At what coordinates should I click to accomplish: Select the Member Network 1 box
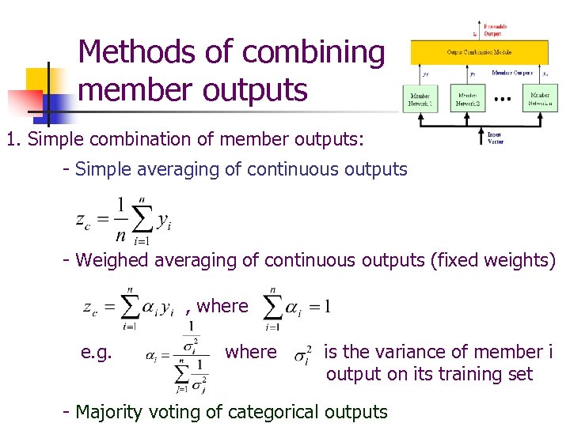click(x=420, y=98)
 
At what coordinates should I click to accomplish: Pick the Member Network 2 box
click(x=468, y=98)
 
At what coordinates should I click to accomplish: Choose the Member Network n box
click(x=540, y=98)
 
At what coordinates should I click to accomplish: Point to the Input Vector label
click(x=495, y=138)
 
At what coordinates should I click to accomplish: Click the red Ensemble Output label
click(x=496, y=30)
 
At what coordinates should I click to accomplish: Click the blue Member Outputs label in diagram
click(x=513, y=72)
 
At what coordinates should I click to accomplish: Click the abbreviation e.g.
click(x=99, y=351)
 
